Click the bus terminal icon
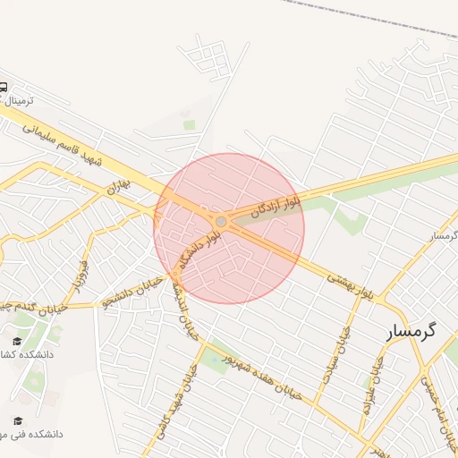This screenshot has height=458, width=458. point(3,88)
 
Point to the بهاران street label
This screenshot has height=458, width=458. point(118,186)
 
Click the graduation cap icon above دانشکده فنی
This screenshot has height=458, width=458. point(17,420)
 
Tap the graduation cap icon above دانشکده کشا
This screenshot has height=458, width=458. point(17,341)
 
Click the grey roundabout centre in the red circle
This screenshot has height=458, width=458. point(221,221)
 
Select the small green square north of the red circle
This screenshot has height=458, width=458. point(189,125)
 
